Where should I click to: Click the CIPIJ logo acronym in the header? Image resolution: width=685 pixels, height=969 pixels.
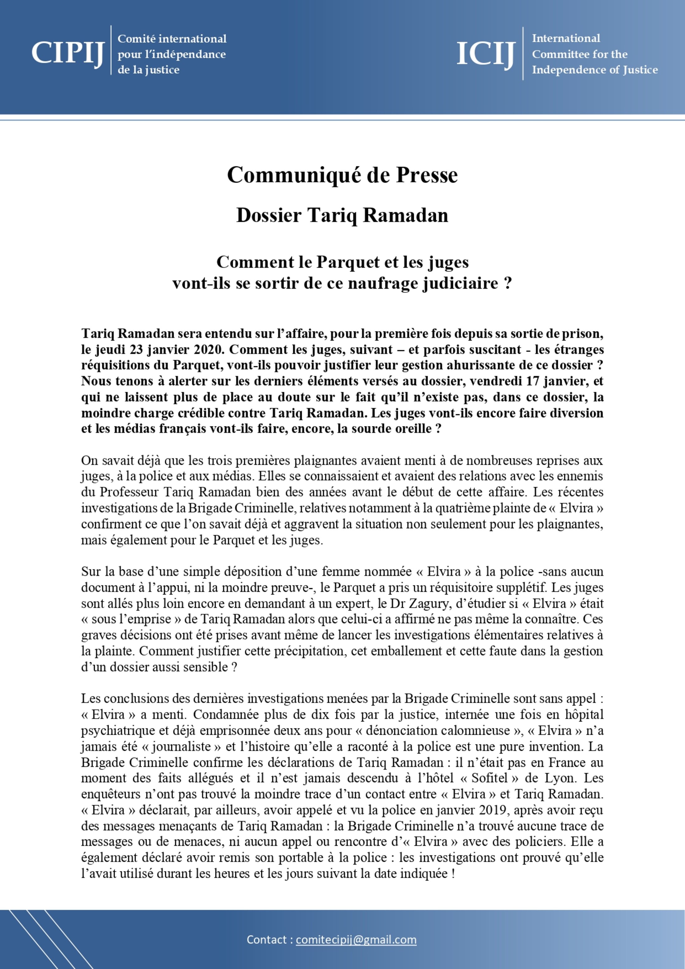tap(68, 53)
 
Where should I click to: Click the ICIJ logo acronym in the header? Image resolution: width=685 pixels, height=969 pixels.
tap(485, 54)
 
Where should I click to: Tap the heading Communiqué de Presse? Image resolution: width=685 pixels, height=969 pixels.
tap(342, 175)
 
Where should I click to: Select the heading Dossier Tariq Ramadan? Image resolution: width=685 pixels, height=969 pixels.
tap(342, 215)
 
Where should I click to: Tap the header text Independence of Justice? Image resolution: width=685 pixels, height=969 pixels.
tap(594, 70)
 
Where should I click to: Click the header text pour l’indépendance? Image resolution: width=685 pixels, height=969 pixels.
tap(171, 55)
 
